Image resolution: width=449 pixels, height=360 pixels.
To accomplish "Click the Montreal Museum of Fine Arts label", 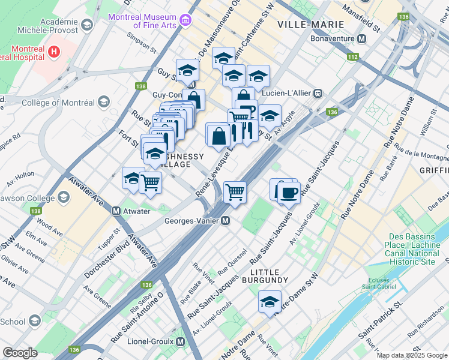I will click(x=142, y=21).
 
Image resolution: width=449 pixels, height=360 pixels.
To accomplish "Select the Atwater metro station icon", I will click(x=118, y=211).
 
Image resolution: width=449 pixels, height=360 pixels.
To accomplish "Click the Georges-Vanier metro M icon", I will click(x=225, y=221).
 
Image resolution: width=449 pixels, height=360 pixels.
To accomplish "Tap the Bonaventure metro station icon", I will click(x=361, y=38).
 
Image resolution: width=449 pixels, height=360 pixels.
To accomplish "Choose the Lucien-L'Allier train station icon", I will click(x=319, y=94).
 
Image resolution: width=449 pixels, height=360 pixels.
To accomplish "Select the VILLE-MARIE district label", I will click(x=311, y=25).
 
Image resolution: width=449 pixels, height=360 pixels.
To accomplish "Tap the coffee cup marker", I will click(x=289, y=193).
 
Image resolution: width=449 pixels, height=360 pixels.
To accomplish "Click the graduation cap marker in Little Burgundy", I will click(x=270, y=301).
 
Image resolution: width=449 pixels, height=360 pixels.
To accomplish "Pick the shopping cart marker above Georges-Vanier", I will click(x=235, y=192).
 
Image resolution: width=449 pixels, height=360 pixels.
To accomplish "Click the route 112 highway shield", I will click(x=352, y=57).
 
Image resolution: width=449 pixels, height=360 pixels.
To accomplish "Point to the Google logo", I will click(x=20, y=353).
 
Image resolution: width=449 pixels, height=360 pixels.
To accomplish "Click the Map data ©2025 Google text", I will click(x=412, y=355).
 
